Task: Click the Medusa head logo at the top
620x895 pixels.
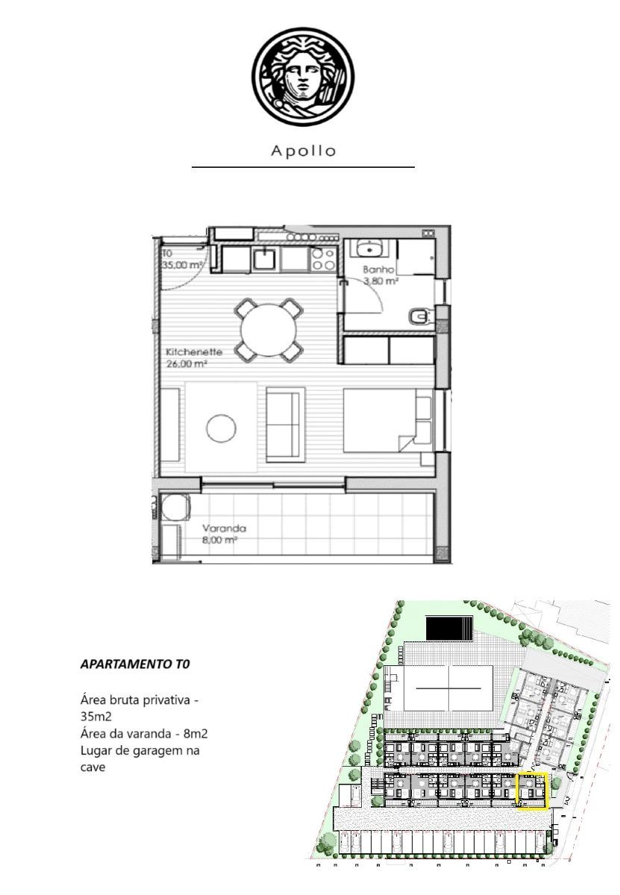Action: (303, 77)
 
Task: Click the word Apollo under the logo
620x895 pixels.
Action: (303, 151)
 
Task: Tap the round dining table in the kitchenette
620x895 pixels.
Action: (269, 330)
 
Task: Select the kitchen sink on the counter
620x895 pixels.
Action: (263, 258)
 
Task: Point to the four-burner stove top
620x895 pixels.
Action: (323, 259)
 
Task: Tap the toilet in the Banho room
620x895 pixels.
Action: (419, 316)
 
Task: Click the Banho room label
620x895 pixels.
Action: (378, 269)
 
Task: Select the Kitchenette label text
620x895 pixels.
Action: (194, 352)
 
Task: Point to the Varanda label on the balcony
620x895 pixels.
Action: (224, 528)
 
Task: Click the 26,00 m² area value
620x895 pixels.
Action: (186, 364)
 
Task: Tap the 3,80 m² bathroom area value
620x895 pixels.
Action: (381, 281)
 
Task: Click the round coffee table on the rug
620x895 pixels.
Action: (221, 428)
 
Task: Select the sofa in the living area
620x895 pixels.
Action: (286, 424)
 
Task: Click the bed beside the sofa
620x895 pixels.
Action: (388, 421)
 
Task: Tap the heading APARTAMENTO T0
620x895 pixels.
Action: (135, 664)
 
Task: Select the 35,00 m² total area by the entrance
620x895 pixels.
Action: (182, 265)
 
